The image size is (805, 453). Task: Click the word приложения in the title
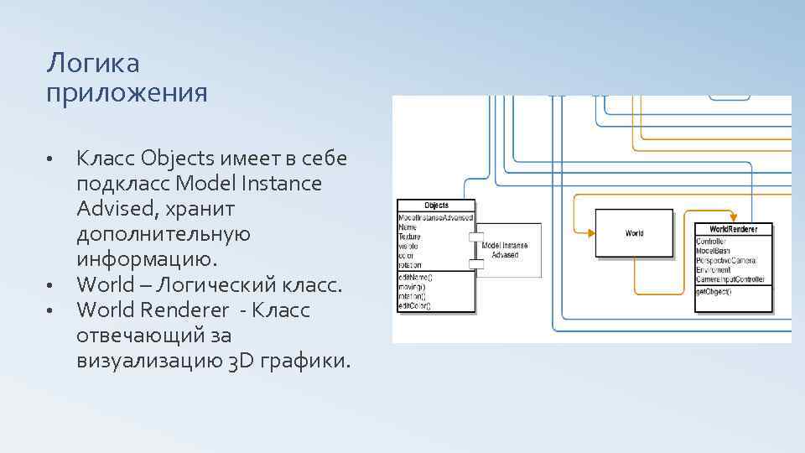[x=127, y=92]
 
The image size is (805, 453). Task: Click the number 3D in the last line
[x=238, y=362]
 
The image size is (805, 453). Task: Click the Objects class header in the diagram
[x=436, y=206]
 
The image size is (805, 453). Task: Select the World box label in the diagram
[x=635, y=233]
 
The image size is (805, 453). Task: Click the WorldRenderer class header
[x=734, y=229]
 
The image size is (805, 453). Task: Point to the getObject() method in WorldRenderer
[x=714, y=292]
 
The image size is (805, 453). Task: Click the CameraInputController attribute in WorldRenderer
[x=730, y=279]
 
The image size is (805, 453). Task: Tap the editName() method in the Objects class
[x=415, y=278]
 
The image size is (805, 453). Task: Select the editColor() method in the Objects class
[x=415, y=305]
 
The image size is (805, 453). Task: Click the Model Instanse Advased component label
[x=506, y=249]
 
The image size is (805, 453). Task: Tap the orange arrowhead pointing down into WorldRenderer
[x=734, y=217]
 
